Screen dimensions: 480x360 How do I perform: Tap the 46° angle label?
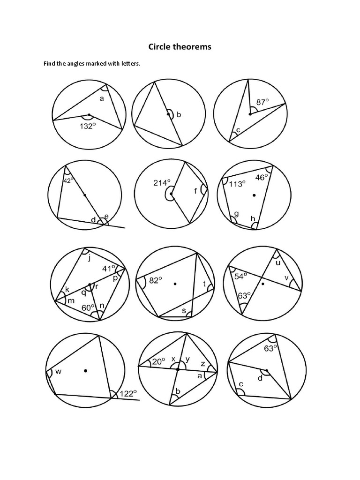click(262, 177)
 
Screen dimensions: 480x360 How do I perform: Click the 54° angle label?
click(241, 277)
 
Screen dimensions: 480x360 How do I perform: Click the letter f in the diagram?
click(195, 190)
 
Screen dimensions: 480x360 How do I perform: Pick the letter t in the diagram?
click(204, 284)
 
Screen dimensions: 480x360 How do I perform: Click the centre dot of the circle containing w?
click(85, 371)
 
